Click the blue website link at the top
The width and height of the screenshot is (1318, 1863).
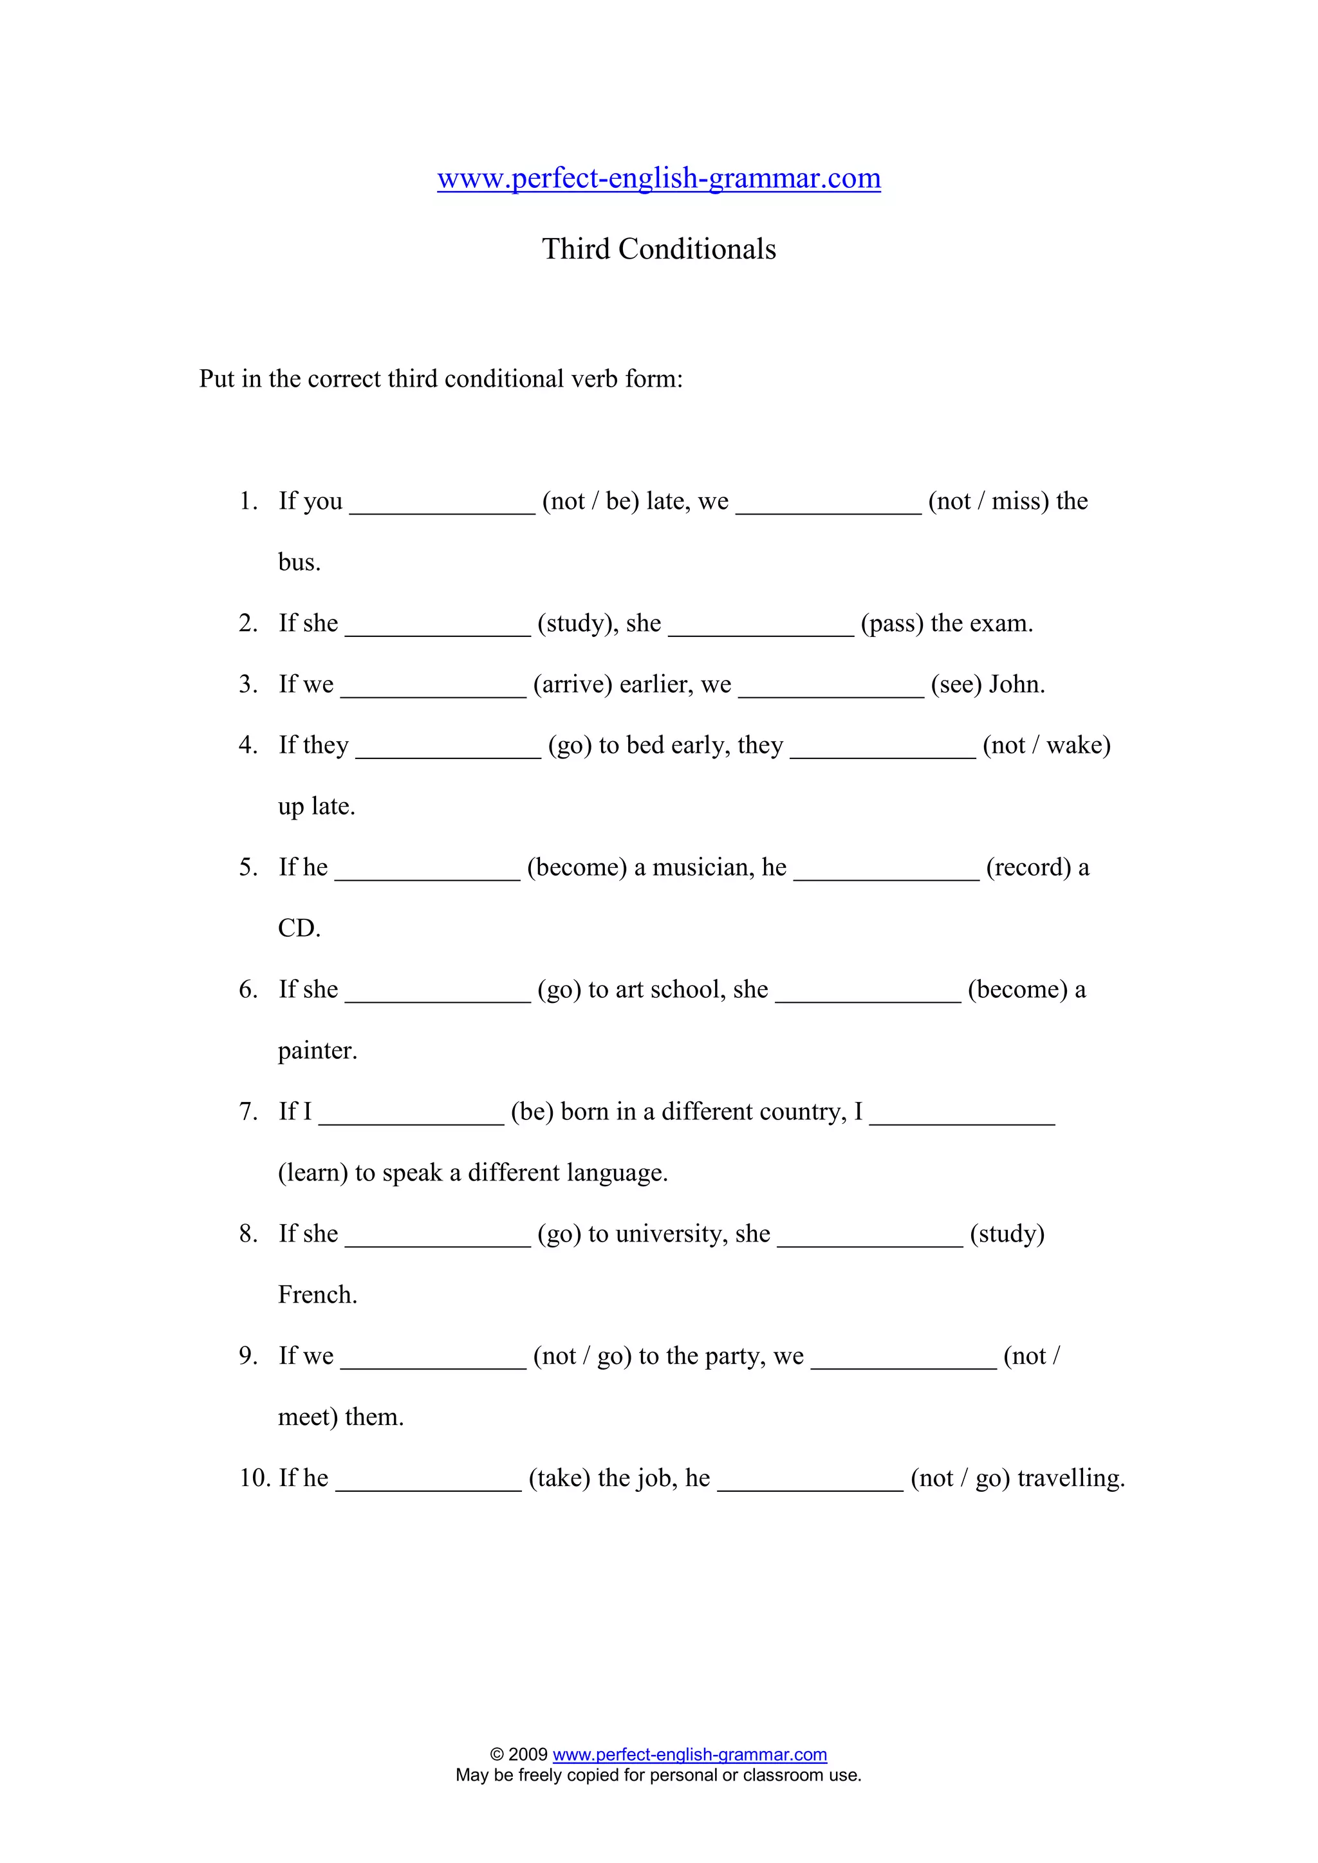coord(658,178)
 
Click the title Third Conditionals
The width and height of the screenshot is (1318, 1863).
coord(658,249)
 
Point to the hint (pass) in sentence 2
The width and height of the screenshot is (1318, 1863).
coord(892,623)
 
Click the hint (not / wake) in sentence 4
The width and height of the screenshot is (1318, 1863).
coord(1046,745)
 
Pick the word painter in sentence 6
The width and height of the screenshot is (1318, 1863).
coord(317,1051)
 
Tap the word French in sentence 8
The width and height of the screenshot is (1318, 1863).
coord(317,1294)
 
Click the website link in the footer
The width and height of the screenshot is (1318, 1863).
coord(689,1754)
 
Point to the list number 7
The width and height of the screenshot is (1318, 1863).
coord(248,1112)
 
